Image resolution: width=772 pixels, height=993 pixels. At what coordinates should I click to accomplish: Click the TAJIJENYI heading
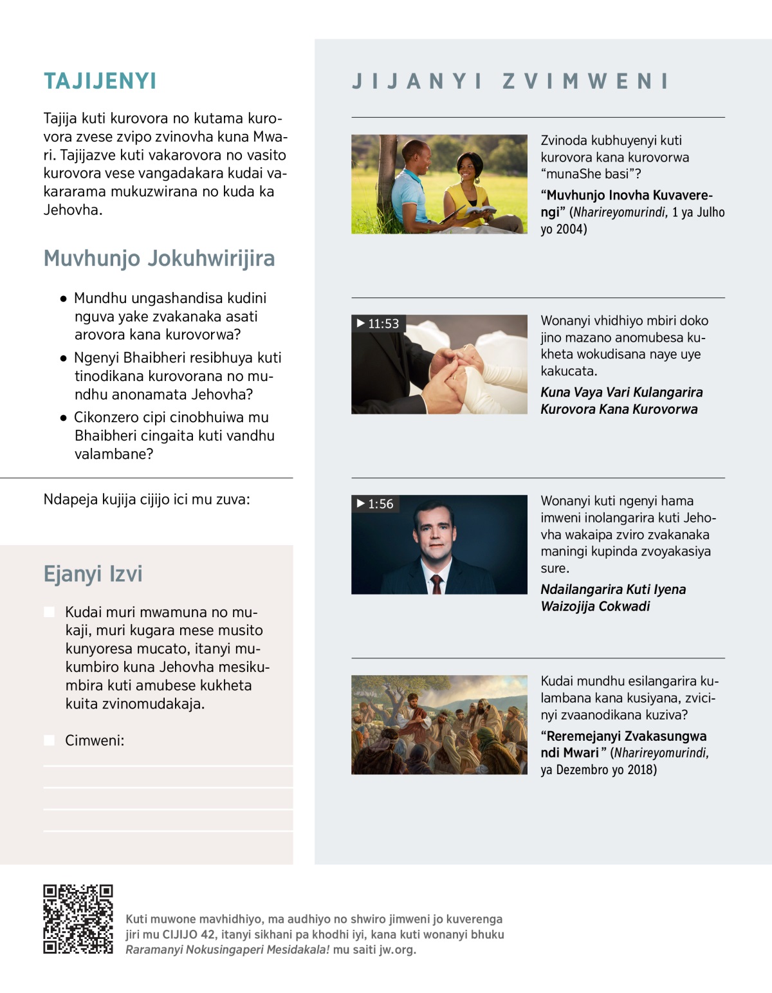[x=100, y=81]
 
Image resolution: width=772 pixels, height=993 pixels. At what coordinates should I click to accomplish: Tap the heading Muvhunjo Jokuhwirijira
[x=159, y=258]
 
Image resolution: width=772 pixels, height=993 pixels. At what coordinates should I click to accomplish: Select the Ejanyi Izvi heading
[x=93, y=573]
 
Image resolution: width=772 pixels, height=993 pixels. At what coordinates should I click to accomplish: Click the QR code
[x=78, y=919]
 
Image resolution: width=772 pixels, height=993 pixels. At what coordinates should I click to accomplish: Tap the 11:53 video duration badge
[x=378, y=324]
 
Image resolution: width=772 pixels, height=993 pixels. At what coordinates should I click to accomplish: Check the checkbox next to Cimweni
[x=49, y=740]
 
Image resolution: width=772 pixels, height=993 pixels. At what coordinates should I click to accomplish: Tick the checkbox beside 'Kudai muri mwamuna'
[x=49, y=611]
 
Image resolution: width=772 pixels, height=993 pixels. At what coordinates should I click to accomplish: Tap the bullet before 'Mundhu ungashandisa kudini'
[x=63, y=299]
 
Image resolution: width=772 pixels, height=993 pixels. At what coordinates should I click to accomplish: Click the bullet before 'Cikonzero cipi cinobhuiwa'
[x=63, y=418]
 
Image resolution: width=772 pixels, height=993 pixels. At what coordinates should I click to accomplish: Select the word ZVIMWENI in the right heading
[x=585, y=81]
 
